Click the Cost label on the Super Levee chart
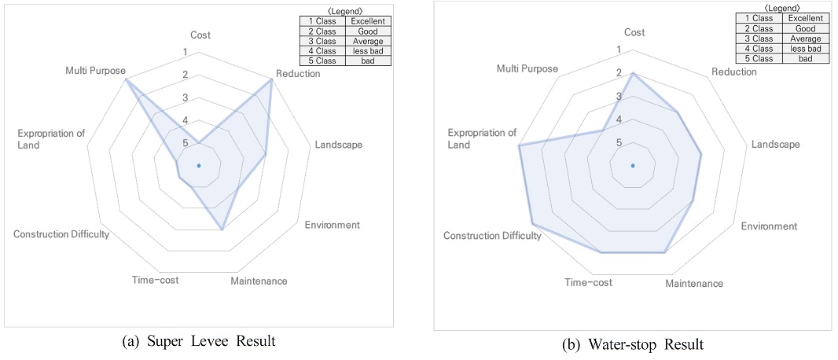(x=200, y=35)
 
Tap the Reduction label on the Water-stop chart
(x=733, y=72)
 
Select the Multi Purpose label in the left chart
(x=95, y=71)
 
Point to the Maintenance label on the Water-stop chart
(x=693, y=283)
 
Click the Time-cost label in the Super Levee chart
(x=155, y=281)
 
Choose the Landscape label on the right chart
(x=775, y=144)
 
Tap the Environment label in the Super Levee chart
(x=332, y=224)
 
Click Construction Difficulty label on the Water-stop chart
(x=492, y=236)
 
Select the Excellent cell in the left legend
(x=368, y=21)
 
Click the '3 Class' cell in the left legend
(x=322, y=41)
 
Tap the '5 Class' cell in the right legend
(x=758, y=58)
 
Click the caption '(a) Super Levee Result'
(x=199, y=341)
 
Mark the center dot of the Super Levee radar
(x=199, y=165)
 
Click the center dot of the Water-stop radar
(x=633, y=166)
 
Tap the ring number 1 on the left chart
(x=185, y=53)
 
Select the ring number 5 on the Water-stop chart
(x=619, y=142)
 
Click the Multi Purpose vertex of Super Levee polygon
(x=126, y=79)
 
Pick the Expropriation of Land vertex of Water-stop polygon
(x=518, y=146)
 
